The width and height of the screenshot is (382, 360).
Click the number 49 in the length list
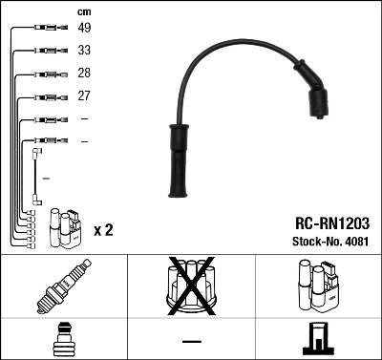(x=84, y=28)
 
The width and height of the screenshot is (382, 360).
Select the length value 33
(x=84, y=50)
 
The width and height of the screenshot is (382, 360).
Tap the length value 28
(x=84, y=74)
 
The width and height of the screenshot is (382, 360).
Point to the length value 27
(x=84, y=95)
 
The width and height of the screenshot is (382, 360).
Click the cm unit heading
(x=83, y=11)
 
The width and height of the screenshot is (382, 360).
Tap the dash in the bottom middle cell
(x=192, y=340)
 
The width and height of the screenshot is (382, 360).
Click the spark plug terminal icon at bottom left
(x=63, y=339)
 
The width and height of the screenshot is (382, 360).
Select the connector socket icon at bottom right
(x=318, y=339)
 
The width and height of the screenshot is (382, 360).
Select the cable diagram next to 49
(x=47, y=28)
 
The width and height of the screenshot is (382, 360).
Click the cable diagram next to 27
(x=47, y=95)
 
